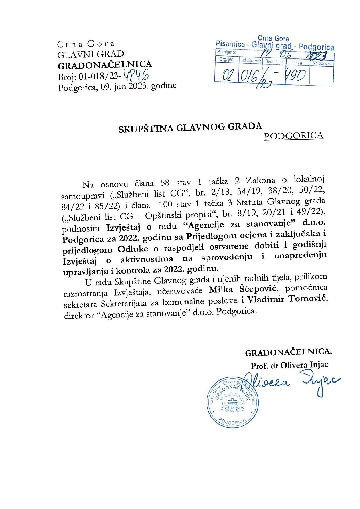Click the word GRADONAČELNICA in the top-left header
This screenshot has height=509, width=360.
coord(104,65)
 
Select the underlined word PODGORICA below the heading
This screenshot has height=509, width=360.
coord(293,136)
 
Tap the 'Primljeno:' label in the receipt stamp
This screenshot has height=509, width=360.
coord(227,52)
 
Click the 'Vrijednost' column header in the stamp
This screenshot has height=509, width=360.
coord(322,63)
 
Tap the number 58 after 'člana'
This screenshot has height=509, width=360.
coord(165,183)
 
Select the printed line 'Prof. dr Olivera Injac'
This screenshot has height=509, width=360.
coord(289,365)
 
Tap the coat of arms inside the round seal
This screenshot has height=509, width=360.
coord(232,403)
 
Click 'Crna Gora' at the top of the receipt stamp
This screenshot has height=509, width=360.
coord(273,38)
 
